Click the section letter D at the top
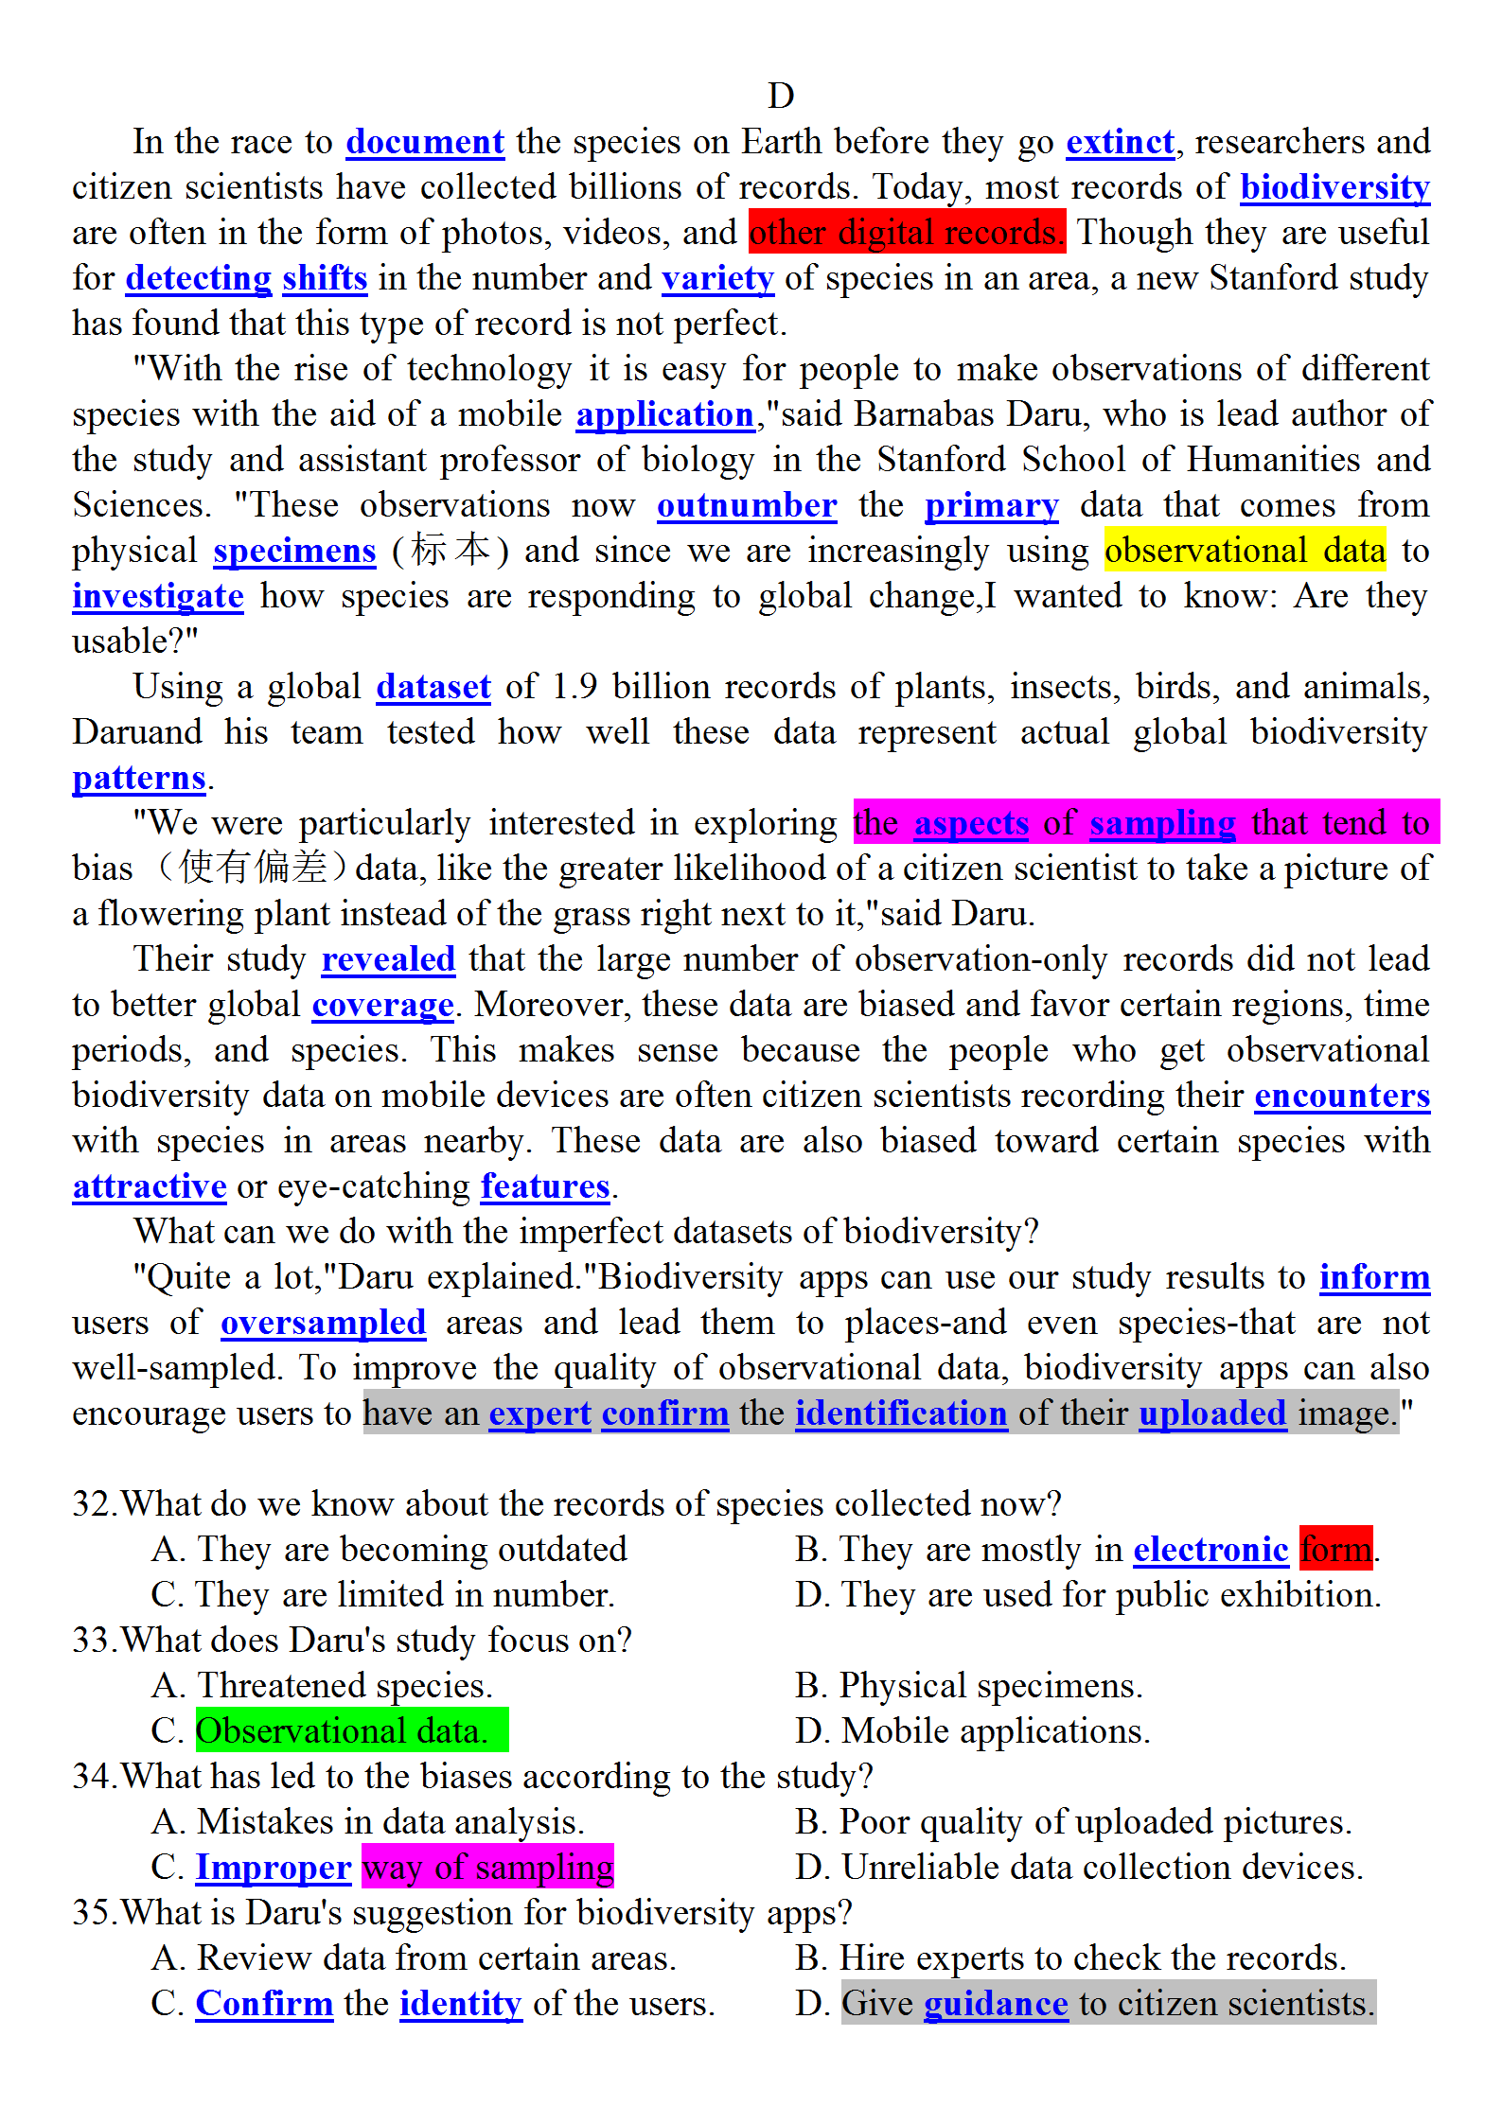click(x=781, y=96)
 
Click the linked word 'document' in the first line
click(x=425, y=142)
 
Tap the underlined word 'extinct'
click(x=1120, y=142)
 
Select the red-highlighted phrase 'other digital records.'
click(x=906, y=233)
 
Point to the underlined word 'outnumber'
click(x=747, y=505)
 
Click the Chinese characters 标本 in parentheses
click(x=451, y=551)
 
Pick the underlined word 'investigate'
click(x=158, y=596)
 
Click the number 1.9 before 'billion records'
click(x=574, y=687)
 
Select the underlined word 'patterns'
click(x=139, y=778)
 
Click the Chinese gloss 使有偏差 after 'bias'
click(x=254, y=868)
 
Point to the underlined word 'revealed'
click(x=388, y=959)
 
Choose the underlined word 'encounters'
click(x=1342, y=1096)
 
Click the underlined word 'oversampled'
click(x=323, y=1323)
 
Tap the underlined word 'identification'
click(x=900, y=1413)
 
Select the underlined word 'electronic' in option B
click(x=1210, y=1550)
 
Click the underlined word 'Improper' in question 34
click(x=273, y=1868)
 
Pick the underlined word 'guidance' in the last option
click(x=996, y=2004)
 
